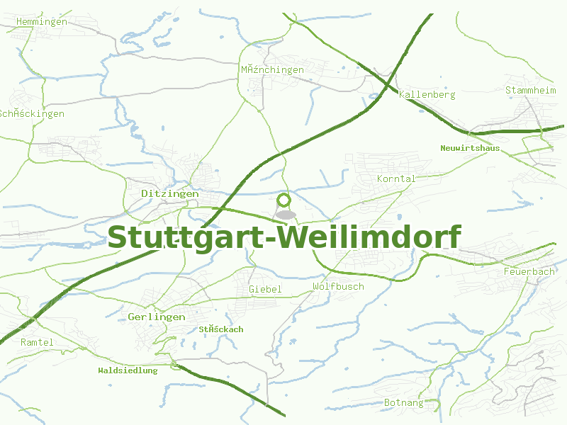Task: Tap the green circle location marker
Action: click(x=284, y=200)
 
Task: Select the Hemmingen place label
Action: click(x=41, y=21)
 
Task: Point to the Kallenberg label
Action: click(x=427, y=94)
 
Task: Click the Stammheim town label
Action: click(x=531, y=90)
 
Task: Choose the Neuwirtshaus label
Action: click(x=470, y=148)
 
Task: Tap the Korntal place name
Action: click(x=396, y=178)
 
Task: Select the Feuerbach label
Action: click(x=529, y=271)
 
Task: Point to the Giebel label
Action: click(x=265, y=289)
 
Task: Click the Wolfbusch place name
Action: click(x=338, y=286)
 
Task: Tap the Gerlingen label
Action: click(x=157, y=317)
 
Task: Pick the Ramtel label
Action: click(x=37, y=342)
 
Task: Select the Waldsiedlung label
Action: click(x=128, y=370)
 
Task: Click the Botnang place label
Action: click(x=403, y=402)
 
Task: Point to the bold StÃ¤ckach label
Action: click(x=220, y=329)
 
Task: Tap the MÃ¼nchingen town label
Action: click(x=271, y=69)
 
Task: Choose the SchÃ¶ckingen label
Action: click(x=31, y=113)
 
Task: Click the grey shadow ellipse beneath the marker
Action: click(x=285, y=214)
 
